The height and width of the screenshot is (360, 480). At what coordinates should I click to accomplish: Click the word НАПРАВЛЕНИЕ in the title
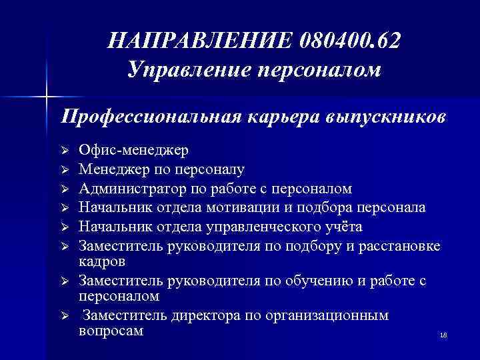pyautogui.click(x=197, y=41)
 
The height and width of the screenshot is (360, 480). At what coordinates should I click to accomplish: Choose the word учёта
pyautogui.click(x=342, y=227)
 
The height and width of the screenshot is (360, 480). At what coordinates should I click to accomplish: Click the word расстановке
pyautogui.click(x=398, y=246)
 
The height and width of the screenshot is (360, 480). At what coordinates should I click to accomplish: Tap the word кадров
pyautogui.click(x=101, y=261)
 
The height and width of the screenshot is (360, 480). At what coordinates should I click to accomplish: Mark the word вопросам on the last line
pyautogui.click(x=110, y=329)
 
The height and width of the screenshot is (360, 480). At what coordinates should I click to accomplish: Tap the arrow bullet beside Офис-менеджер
pyautogui.click(x=65, y=150)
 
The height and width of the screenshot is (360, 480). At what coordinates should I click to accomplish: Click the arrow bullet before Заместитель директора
pyautogui.click(x=65, y=315)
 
